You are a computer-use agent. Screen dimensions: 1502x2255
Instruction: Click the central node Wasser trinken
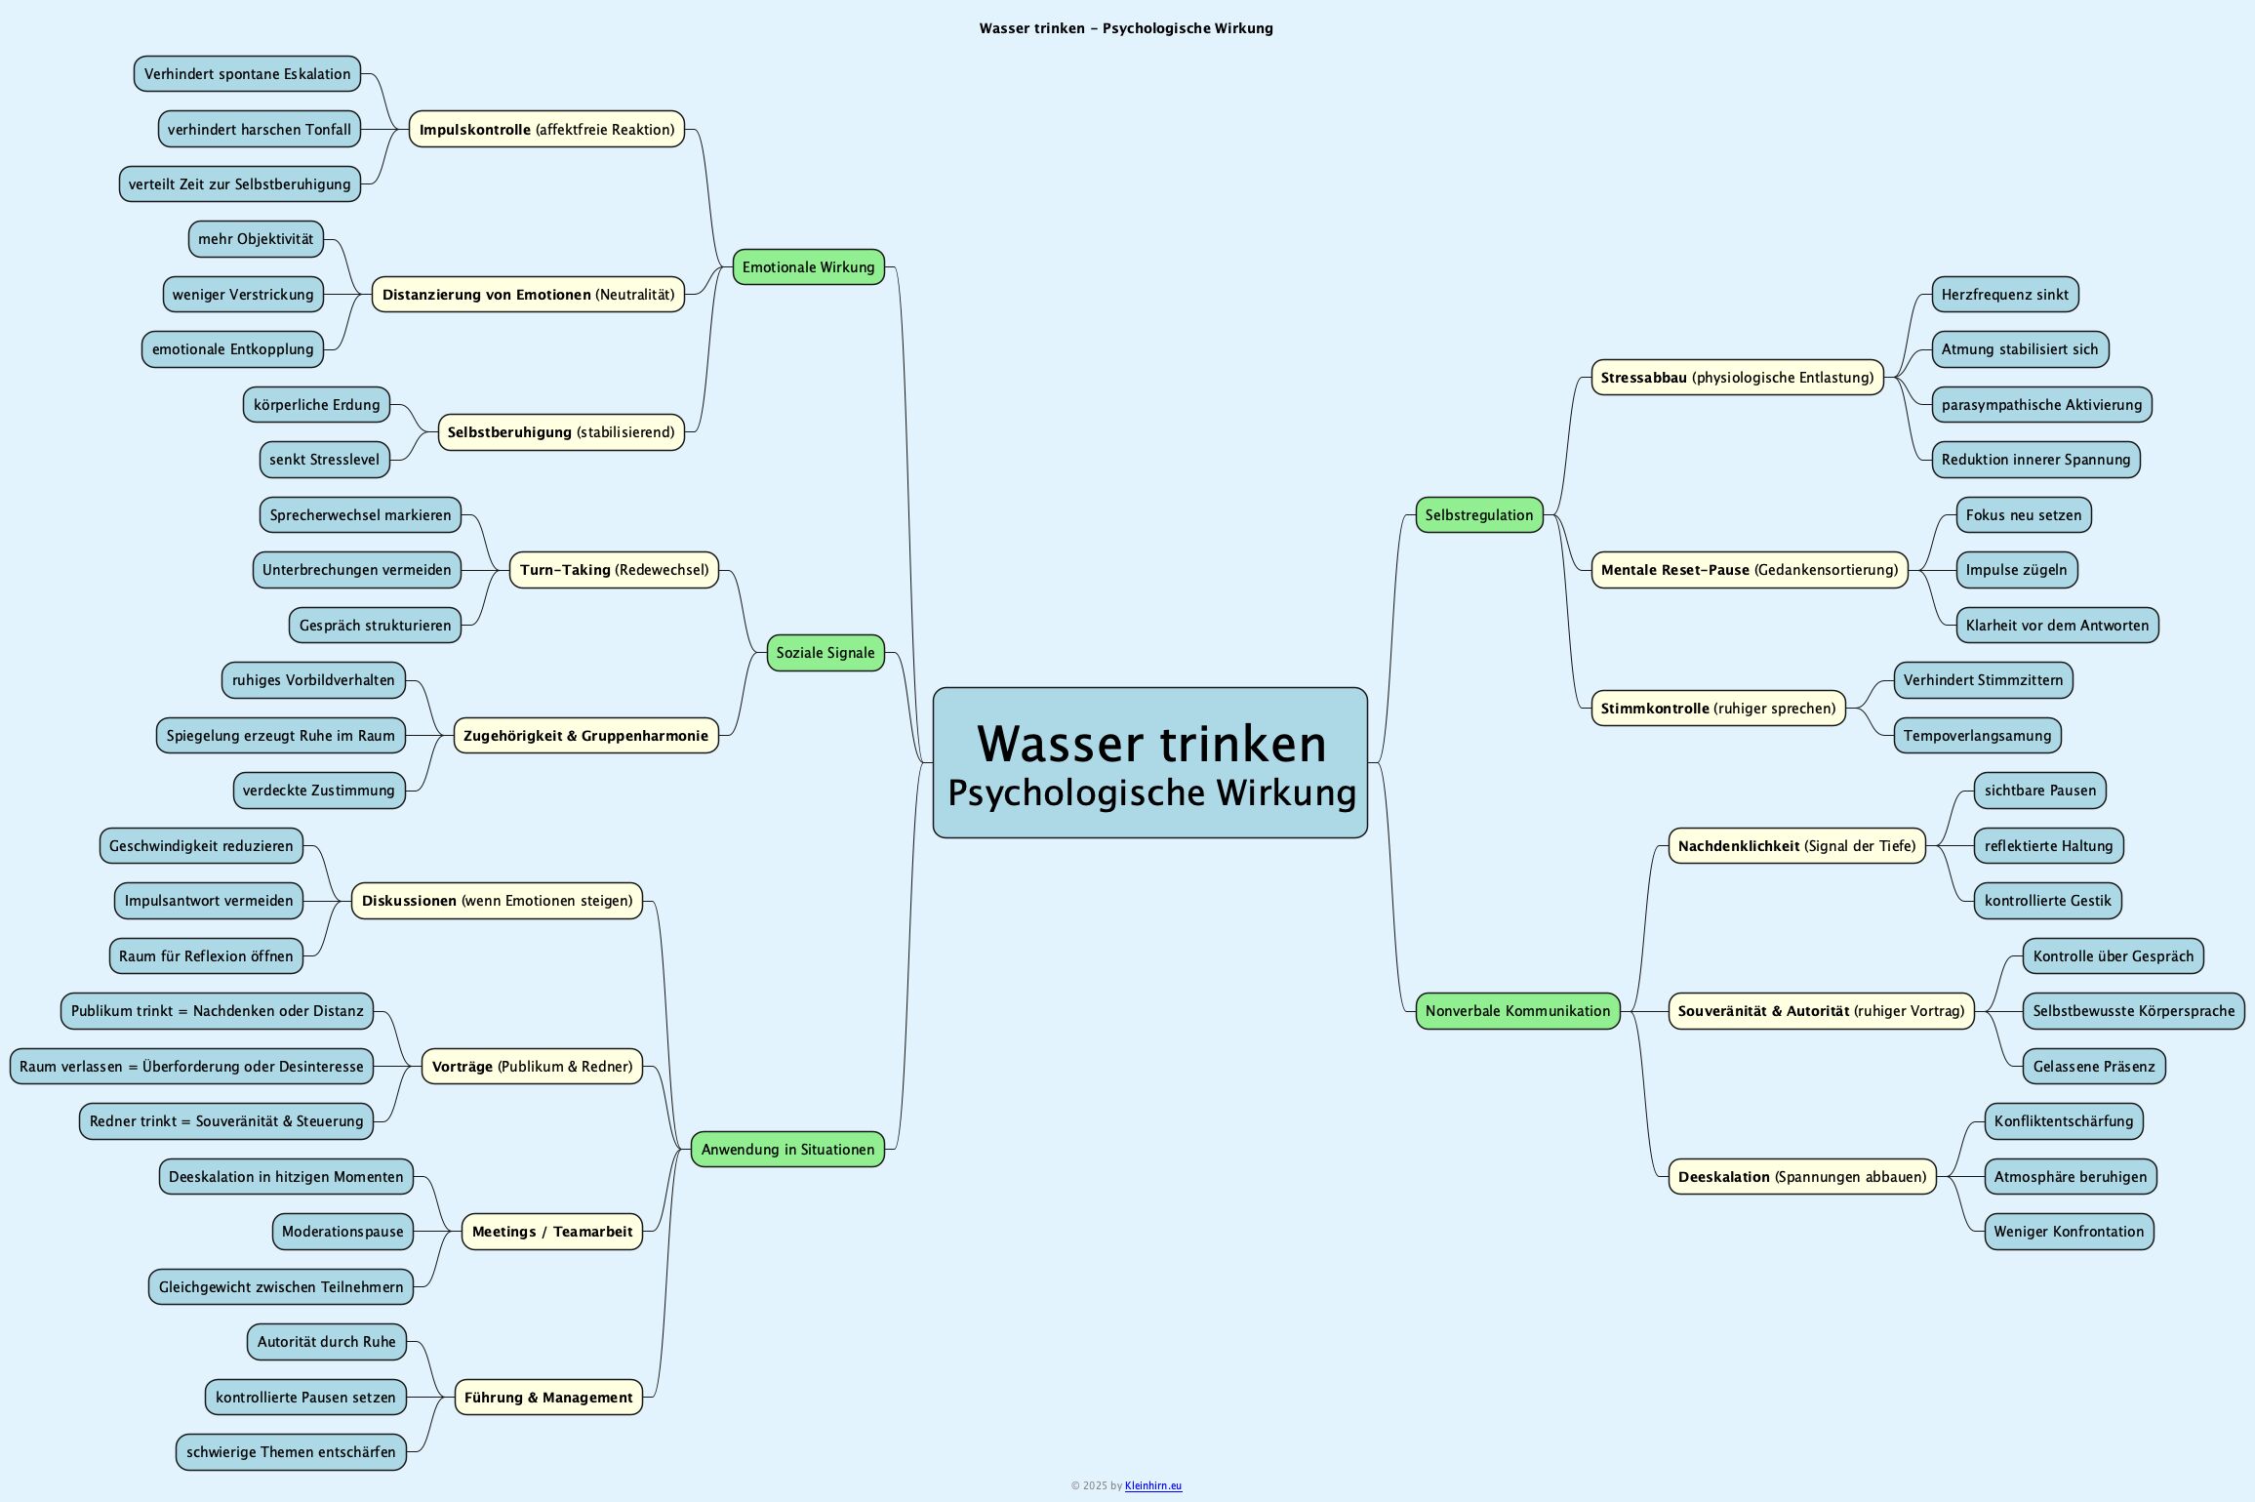point(1149,762)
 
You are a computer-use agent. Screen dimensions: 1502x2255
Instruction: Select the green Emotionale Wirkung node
point(808,267)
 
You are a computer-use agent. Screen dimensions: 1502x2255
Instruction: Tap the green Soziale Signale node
point(825,653)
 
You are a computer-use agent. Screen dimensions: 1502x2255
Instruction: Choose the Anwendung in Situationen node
point(786,1150)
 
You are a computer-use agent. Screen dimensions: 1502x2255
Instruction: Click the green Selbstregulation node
point(1478,515)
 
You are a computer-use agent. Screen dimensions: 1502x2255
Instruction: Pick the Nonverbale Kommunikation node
point(1517,1011)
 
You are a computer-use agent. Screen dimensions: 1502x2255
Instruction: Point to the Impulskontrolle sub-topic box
point(546,130)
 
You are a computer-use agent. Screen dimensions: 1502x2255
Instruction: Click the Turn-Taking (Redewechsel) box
point(614,570)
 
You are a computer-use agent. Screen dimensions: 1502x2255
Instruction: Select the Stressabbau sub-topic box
point(1737,378)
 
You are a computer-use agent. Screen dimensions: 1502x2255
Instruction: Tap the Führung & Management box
point(548,1398)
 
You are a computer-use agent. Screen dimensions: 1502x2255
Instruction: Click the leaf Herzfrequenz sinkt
point(2004,295)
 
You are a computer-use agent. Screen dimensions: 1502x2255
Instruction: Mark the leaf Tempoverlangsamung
point(1977,736)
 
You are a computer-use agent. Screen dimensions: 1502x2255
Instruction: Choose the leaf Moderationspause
point(342,1232)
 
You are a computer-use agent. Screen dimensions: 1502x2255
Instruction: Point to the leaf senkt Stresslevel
point(324,460)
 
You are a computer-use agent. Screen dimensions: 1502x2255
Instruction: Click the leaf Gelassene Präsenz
point(2093,1067)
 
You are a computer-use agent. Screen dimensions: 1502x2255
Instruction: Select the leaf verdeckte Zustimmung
point(318,791)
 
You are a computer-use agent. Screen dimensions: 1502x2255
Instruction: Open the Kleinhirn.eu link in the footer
point(1152,1486)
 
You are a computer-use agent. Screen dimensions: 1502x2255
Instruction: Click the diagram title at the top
point(1126,28)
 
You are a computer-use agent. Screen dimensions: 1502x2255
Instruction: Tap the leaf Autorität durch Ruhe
point(326,1342)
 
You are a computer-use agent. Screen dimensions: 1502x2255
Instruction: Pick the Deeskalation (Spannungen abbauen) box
point(1801,1177)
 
